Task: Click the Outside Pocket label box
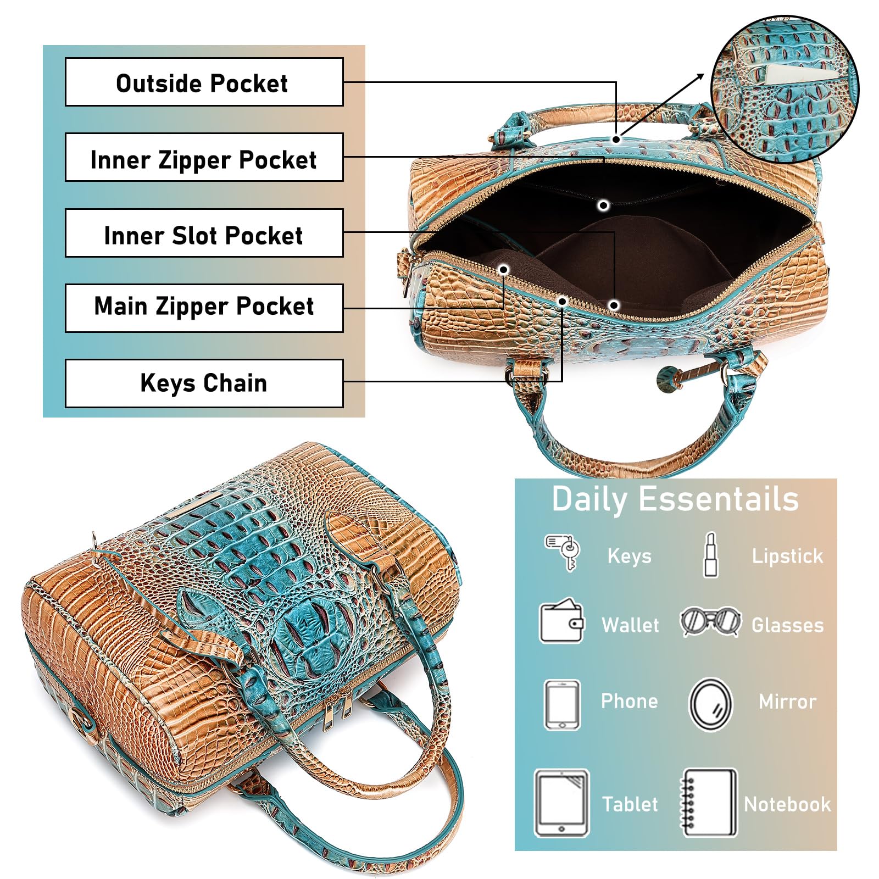[x=204, y=82]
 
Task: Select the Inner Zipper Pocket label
[x=204, y=157]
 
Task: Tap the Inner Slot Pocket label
[x=204, y=233]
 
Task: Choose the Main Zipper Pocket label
[x=204, y=308]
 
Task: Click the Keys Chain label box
[x=204, y=383]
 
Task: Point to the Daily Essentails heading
[x=675, y=499]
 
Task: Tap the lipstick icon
[x=711, y=555]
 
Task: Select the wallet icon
[x=561, y=621]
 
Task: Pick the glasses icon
[x=710, y=622]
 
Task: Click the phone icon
[x=562, y=705]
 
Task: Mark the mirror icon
[x=710, y=705]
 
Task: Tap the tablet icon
[x=561, y=803]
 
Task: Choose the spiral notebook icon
[x=709, y=803]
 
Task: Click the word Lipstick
[x=787, y=557]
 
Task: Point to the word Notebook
[x=787, y=804]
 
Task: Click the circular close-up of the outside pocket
[x=785, y=89]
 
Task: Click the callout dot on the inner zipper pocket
[x=603, y=205]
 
